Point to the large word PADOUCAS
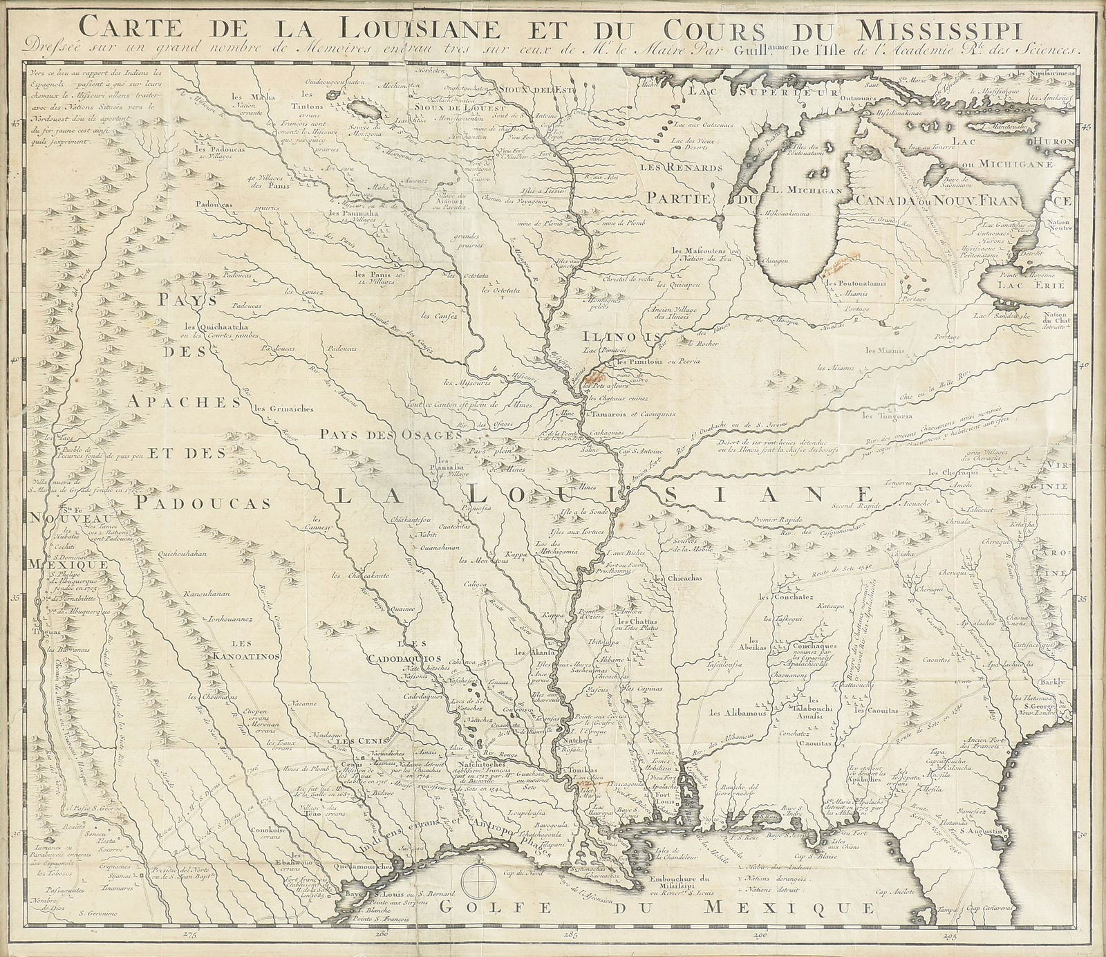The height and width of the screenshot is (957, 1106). (192, 502)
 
